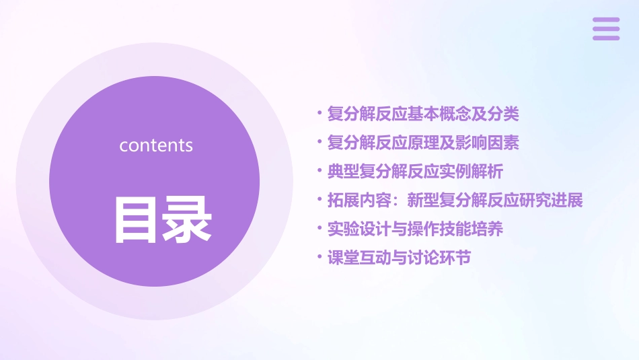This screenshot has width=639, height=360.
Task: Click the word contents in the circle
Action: click(156, 145)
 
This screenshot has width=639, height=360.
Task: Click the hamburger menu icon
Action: click(605, 29)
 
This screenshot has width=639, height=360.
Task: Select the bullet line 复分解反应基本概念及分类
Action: click(422, 114)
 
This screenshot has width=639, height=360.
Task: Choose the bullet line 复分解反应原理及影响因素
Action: click(422, 143)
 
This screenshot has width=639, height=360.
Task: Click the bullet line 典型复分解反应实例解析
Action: click(414, 172)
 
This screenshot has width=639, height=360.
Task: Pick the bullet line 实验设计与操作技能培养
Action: click(414, 229)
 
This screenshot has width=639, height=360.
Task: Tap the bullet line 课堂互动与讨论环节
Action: click(398, 258)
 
